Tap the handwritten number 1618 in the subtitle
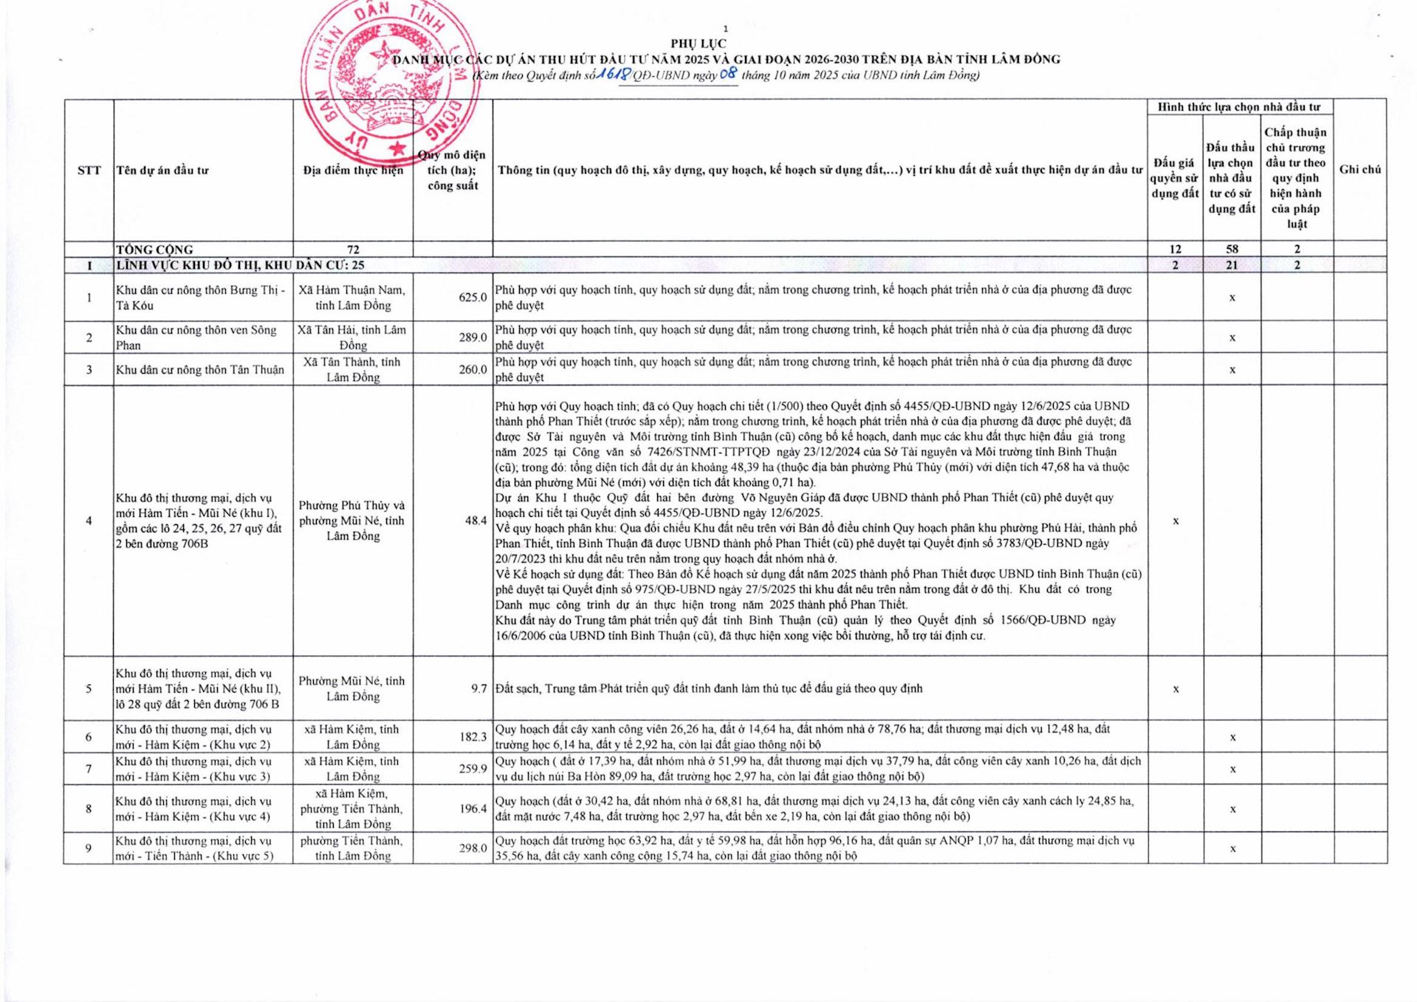tap(614, 74)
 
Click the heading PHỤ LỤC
tap(698, 44)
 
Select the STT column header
tap(89, 170)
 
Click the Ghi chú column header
tap(1359, 169)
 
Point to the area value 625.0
tap(473, 298)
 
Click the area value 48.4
tap(476, 521)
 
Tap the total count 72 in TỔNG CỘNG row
tap(353, 250)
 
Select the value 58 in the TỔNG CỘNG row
tap(1232, 250)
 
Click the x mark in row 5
tap(1176, 689)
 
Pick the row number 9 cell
tap(89, 848)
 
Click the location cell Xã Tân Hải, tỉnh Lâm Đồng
tap(352, 337)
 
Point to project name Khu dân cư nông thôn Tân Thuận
tap(199, 370)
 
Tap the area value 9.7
tap(479, 689)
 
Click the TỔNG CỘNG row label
tap(154, 250)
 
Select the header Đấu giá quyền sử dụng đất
tap(1175, 178)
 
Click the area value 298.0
tap(473, 848)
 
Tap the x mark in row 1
tap(1232, 298)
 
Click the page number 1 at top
tap(725, 29)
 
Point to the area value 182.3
tap(473, 737)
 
